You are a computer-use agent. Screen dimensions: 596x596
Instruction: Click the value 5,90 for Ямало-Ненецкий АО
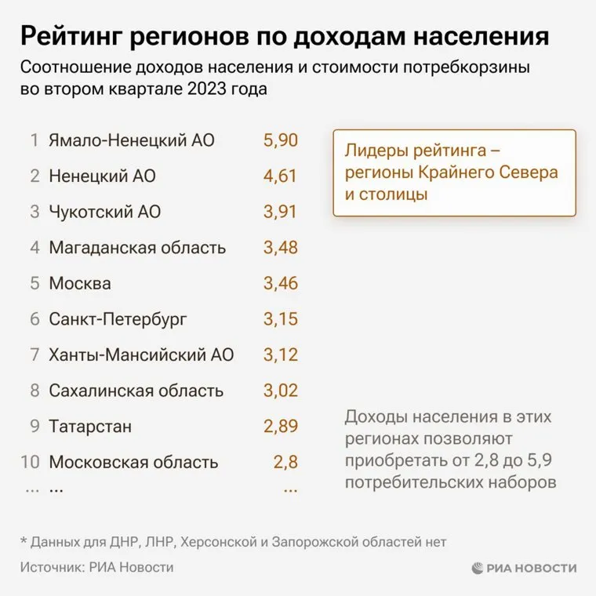[280, 141]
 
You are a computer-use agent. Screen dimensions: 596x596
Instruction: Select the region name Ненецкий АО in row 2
[102, 176]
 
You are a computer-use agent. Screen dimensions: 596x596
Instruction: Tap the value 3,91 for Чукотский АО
[280, 212]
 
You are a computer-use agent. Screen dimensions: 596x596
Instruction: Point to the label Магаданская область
[137, 248]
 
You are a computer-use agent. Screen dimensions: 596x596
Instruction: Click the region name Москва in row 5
[80, 283]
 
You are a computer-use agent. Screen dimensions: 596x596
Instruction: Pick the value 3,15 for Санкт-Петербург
[280, 319]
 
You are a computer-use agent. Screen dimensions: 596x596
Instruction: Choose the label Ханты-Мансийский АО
[141, 354]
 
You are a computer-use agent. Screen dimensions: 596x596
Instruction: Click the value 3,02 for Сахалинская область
[280, 391]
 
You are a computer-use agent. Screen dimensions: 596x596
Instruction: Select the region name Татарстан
[90, 427]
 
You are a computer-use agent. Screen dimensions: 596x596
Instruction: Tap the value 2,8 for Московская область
[285, 462]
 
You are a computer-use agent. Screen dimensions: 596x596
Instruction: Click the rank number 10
[30, 462]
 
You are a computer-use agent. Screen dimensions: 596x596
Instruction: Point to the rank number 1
[35, 141]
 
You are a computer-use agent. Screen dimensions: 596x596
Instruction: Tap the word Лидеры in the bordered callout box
[377, 149]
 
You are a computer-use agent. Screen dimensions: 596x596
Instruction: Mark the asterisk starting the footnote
[23, 541]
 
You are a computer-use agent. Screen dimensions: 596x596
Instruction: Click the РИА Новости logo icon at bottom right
[478, 568]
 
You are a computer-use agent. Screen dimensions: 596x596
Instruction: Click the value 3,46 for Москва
[280, 283]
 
